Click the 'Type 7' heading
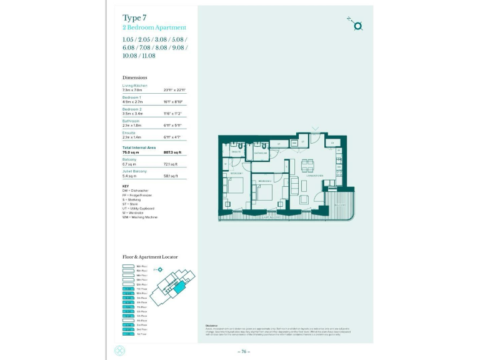(x=136, y=18)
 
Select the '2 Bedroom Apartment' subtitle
(x=154, y=27)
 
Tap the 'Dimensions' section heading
(x=135, y=77)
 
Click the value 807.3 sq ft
(x=172, y=152)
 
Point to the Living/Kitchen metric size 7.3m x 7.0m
(x=134, y=91)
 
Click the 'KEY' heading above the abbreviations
(x=125, y=186)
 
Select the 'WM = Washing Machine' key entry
(x=140, y=217)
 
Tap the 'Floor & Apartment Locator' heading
(x=150, y=257)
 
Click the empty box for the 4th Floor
(x=128, y=321)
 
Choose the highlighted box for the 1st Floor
(x=128, y=334)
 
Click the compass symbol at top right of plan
(x=357, y=26)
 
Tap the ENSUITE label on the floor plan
(x=236, y=152)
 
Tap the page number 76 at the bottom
(x=244, y=352)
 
